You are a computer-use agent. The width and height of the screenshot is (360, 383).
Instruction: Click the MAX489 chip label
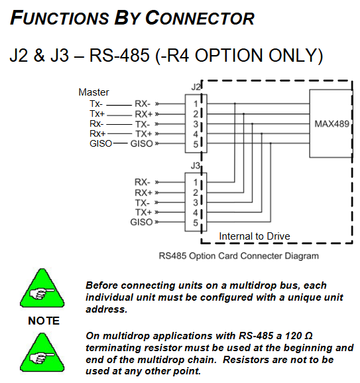[331, 124]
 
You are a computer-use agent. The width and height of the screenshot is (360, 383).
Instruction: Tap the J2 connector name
[196, 87]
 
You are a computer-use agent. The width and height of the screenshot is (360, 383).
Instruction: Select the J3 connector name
[196, 166]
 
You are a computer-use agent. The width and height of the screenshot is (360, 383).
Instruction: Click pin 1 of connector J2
[196, 104]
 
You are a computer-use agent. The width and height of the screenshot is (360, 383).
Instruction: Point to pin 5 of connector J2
[196, 144]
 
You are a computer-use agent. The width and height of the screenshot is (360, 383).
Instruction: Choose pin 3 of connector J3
[196, 202]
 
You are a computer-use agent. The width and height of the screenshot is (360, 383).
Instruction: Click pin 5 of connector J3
[196, 223]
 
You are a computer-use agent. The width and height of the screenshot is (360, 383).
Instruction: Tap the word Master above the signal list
[93, 92]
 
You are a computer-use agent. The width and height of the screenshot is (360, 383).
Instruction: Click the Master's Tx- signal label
[96, 104]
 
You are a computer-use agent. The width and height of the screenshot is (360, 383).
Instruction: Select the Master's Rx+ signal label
[97, 133]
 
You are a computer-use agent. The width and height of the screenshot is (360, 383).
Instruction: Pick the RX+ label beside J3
[143, 192]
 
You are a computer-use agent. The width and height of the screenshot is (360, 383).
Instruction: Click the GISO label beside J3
[141, 222]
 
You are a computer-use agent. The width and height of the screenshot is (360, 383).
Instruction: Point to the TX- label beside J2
[143, 124]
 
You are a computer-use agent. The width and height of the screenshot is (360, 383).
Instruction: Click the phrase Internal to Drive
[255, 236]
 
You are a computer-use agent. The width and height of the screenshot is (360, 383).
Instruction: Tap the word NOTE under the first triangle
[44, 321]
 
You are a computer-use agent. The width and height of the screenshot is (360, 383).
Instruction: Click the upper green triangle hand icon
[42, 288]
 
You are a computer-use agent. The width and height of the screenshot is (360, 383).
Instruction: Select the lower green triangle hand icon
[42, 352]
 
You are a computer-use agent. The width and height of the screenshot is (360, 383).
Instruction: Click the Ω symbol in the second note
[308, 336]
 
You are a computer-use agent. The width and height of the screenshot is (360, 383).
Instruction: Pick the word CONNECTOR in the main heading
[200, 19]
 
